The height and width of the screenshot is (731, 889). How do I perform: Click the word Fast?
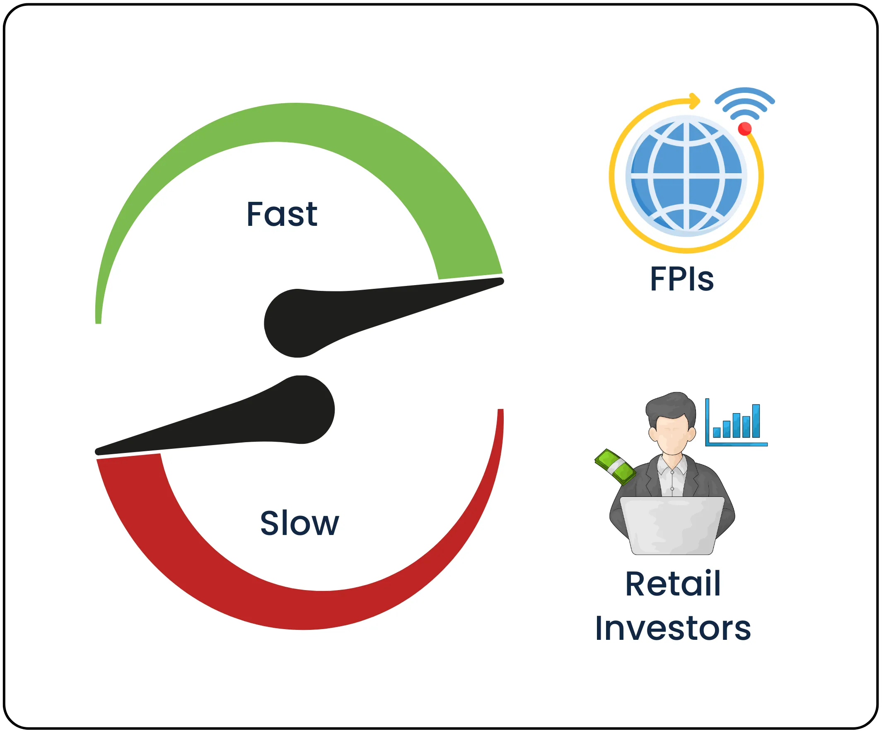(x=282, y=215)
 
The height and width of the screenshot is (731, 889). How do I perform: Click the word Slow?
(x=299, y=524)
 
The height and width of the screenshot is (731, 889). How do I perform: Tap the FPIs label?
(x=682, y=279)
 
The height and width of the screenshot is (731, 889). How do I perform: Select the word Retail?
(x=673, y=584)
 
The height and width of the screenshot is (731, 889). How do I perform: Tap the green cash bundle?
(x=615, y=467)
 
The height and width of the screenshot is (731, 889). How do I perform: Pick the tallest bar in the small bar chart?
(x=756, y=421)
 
